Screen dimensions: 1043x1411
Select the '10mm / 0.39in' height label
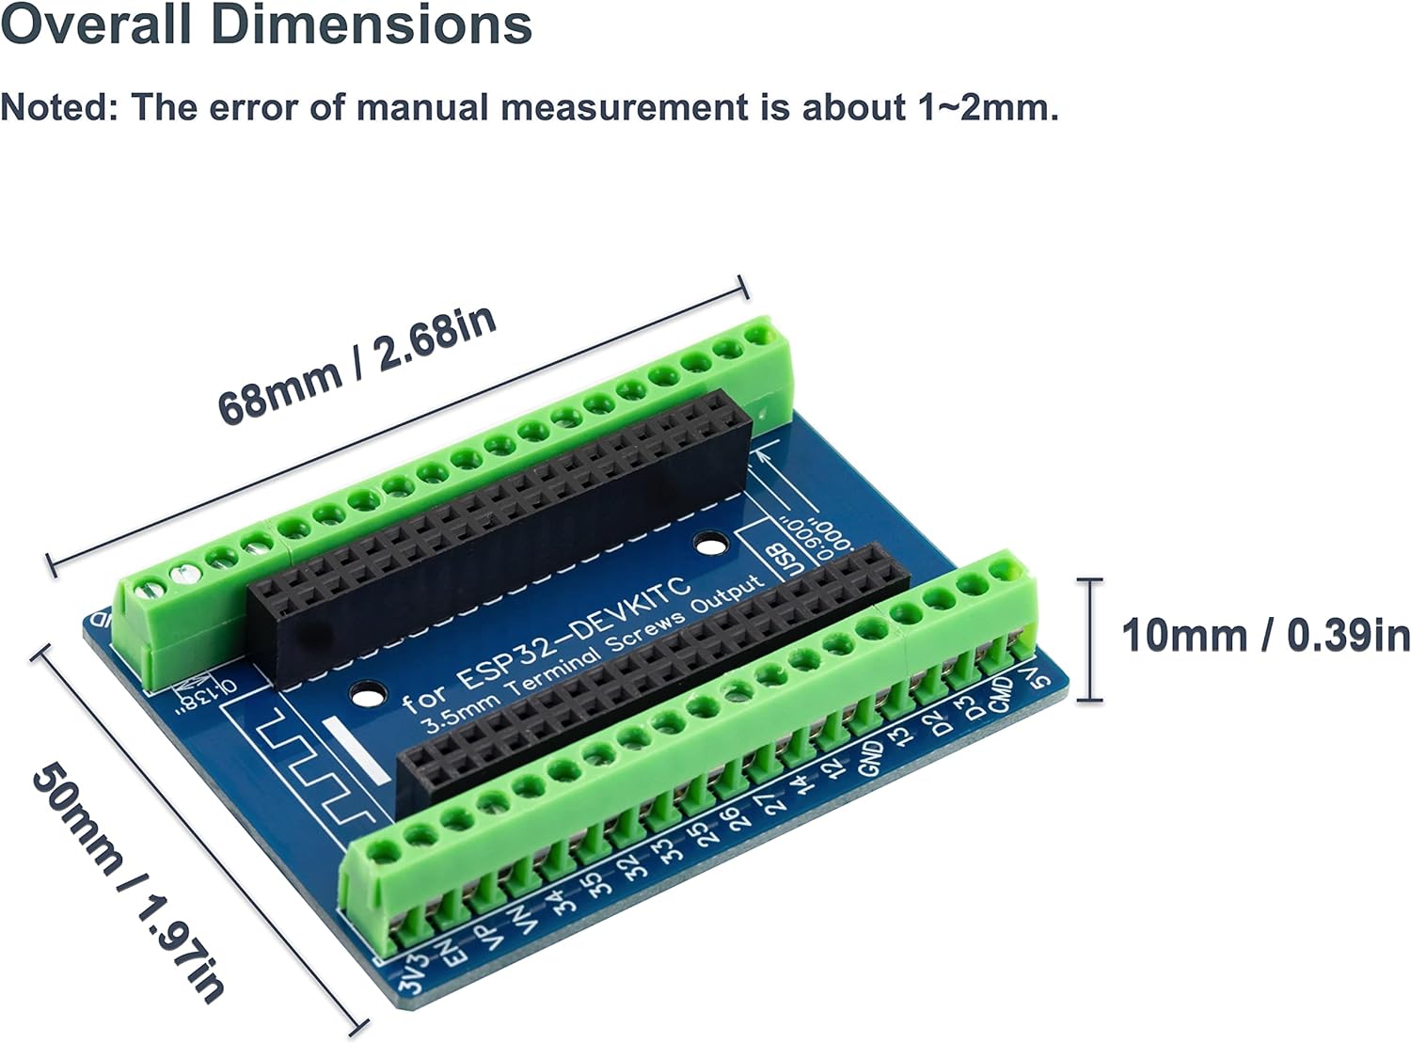click(1265, 637)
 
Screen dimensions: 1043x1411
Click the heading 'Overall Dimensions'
click(266, 25)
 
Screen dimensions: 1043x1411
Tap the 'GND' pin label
click(872, 757)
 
